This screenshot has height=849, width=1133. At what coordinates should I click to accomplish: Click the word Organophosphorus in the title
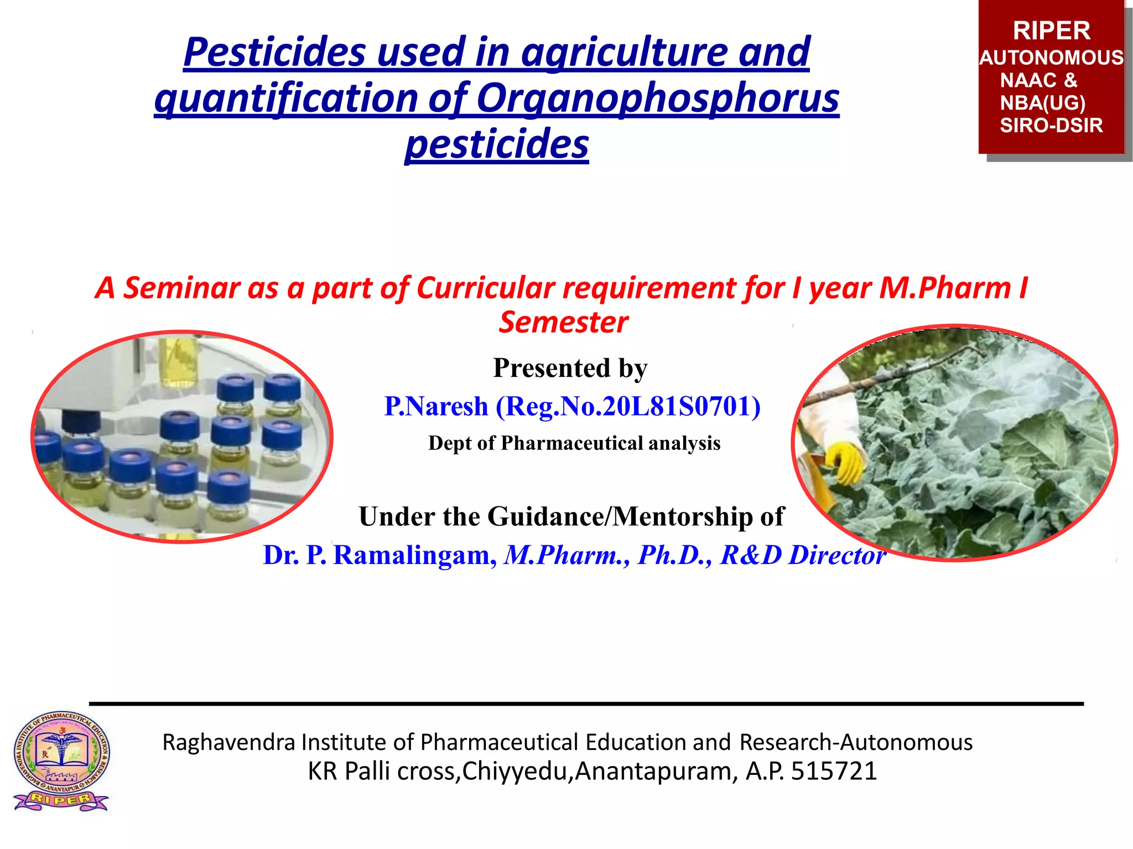[x=658, y=98]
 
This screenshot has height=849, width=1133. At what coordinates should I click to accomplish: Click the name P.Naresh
[x=436, y=406]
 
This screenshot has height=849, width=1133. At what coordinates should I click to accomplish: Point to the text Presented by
[x=570, y=368]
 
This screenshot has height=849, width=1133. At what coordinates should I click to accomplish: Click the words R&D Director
[x=803, y=555]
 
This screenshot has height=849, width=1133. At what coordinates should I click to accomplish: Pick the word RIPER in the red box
[x=1051, y=31]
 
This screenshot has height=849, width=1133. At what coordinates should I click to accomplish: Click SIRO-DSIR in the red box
[x=1051, y=126]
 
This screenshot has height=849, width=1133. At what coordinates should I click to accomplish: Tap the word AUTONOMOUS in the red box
[x=1051, y=58]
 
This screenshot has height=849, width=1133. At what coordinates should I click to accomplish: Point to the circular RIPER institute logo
[x=61, y=760]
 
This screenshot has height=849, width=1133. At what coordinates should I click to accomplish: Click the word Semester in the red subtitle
[x=563, y=323]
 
